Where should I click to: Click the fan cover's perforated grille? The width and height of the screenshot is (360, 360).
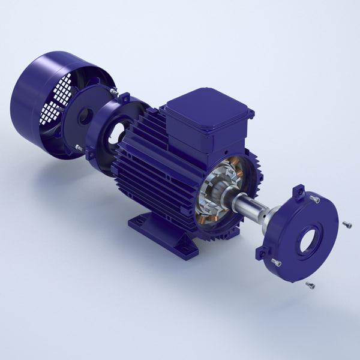pyautogui.click(x=57, y=99)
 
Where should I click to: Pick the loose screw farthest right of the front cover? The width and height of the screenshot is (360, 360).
pyautogui.click(x=347, y=224)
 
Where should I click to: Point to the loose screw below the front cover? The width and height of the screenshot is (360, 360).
pyautogui.click(x=310, y=285)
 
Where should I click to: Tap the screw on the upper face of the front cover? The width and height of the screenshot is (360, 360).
pyautogui.click(x=314, y=199)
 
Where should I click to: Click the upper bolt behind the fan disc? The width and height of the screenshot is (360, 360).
pyautogui.click(x=113, y=91)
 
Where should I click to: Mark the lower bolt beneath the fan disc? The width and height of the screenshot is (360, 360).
pyautogui.click(x=79, y=148)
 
